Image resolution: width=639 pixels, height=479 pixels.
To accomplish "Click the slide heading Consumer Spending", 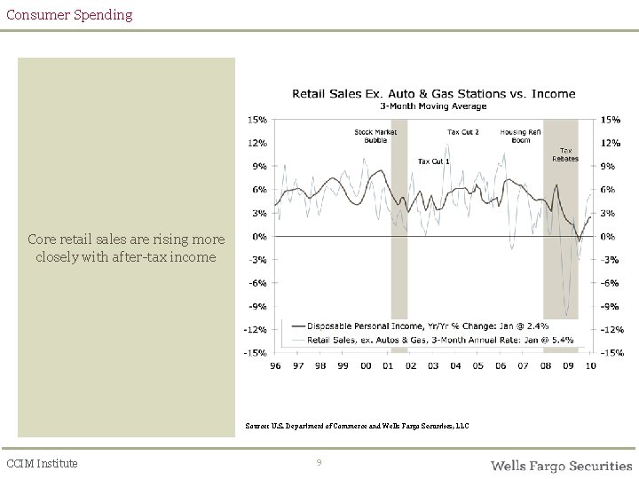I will [69, 14].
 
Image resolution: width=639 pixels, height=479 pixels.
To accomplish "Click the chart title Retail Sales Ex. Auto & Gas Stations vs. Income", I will [434, 93].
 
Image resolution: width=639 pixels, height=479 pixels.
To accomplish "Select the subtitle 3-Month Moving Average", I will [433, 106].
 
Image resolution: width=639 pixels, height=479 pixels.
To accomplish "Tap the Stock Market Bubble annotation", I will [375, 136].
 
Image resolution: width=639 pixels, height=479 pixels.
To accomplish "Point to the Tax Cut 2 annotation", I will [462, 132].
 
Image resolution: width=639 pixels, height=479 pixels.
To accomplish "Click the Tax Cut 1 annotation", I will [434, 161].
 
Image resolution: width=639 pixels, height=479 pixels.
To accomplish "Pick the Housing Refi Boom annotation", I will [520, 136].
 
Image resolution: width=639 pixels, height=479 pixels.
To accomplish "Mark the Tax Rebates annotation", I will [565, 154].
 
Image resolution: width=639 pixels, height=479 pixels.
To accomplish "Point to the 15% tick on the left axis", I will [258, 119].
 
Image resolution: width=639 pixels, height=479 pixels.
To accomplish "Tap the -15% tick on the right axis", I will [612, 353].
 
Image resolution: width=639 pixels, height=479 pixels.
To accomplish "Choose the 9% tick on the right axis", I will [609, 166].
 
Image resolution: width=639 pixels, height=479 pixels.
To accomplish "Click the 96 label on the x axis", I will [276, 365].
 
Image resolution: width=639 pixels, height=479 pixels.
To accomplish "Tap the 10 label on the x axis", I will [590, 365].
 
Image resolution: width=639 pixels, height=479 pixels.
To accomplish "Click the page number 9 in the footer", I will [319, 463].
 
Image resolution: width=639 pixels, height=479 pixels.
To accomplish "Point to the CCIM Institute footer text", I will [42, 463].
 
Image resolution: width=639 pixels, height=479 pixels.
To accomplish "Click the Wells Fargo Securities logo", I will [561, 465].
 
